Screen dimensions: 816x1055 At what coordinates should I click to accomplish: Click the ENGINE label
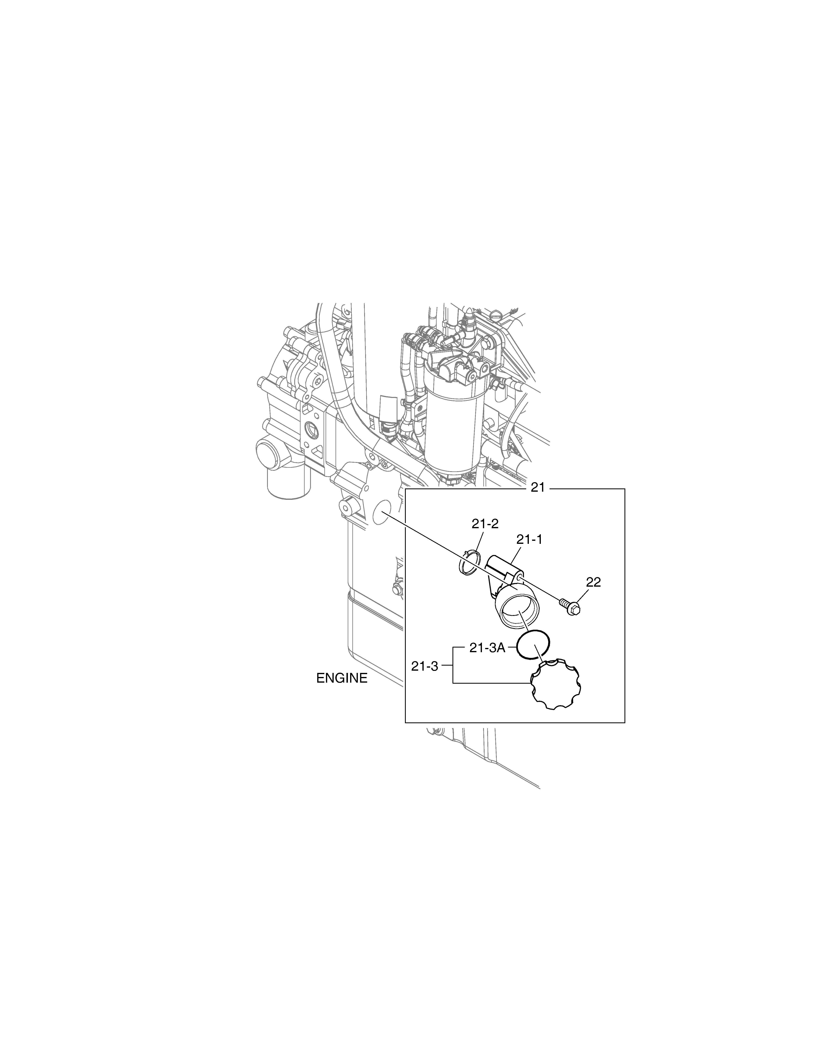(x=342, y=678)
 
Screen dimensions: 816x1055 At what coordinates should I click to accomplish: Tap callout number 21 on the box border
(x=538, y=488)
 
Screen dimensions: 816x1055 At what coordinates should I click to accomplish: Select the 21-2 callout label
(x=485, y=524)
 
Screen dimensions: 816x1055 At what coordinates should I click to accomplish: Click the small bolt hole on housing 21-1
(x=519, y=576)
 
